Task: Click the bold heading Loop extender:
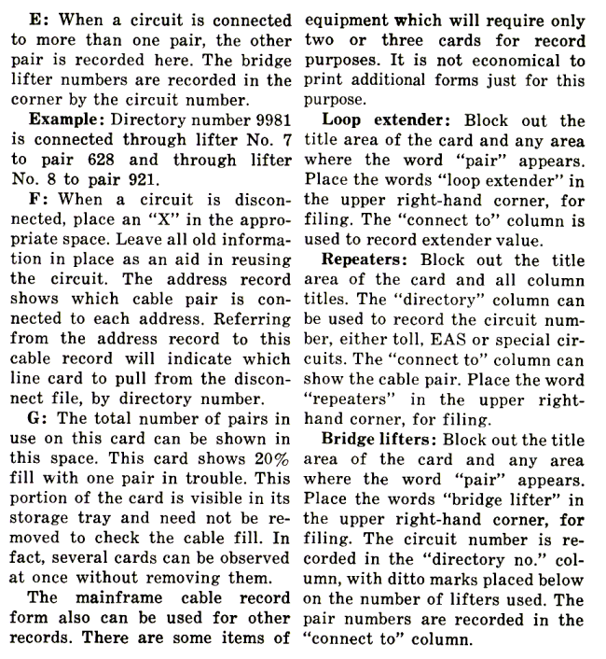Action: tap(396, 121)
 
